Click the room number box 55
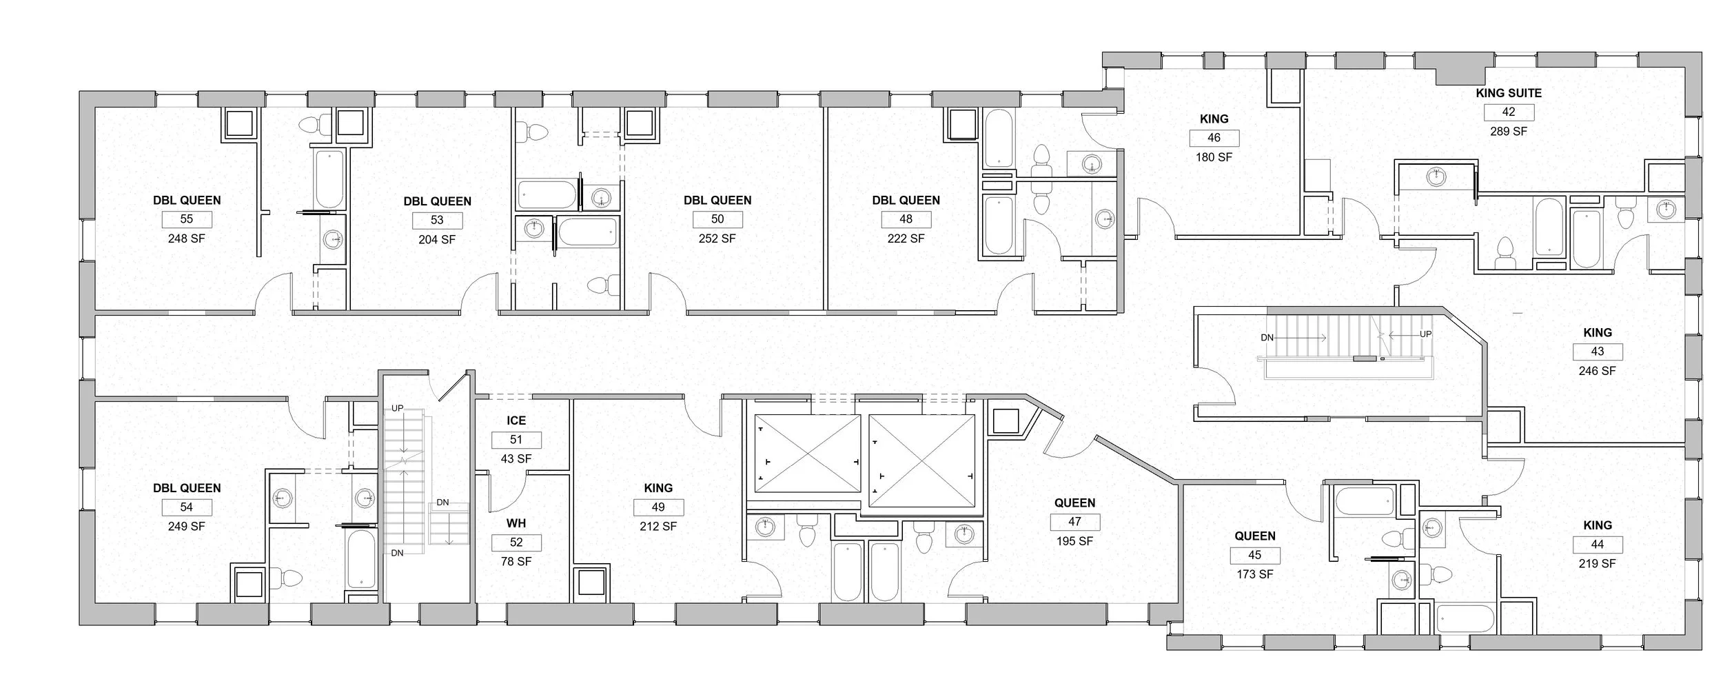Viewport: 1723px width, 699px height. pos(186,219)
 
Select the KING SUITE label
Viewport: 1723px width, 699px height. pos(1509,93)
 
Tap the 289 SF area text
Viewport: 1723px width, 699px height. pos(1509,131)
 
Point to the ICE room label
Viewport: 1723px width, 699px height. pos(516,421)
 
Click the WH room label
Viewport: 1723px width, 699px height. pos(516,524)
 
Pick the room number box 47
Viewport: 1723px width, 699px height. pos(1074,522)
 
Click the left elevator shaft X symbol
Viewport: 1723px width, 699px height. pos(808,453)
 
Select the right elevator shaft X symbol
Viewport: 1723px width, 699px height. pos(922,453)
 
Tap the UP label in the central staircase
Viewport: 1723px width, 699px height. pos(1425,334)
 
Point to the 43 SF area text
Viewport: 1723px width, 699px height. pos(516,459)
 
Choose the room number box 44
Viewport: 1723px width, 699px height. pos(1597,545)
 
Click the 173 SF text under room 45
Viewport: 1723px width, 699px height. pos(1254,574)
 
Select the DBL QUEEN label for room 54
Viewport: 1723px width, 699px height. pos(187,488)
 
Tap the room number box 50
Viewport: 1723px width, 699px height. pos(717,219)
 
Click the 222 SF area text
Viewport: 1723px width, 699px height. pos(906,239)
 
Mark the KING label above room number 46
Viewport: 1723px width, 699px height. pos(1214,119)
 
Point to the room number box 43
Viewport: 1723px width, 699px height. pos(1597,352)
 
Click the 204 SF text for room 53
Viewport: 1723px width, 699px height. pos(437,240)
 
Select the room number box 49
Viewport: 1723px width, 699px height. pos(658,507)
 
